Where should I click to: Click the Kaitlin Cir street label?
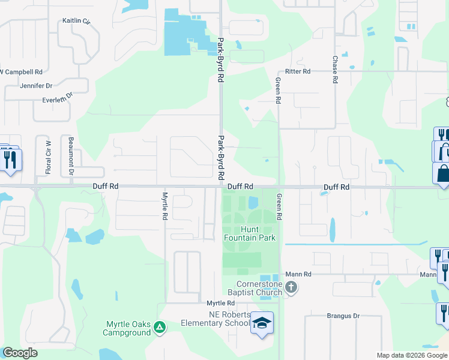(x=76, y=21)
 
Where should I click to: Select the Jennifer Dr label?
(x=37, y=85)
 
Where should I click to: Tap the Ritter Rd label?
(x=298, y=71)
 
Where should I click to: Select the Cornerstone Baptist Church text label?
(x=259, y=288)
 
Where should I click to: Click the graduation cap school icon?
(x=262, y=323)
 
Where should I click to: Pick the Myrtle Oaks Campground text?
(x=128, y=328)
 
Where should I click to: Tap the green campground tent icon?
(x=160, y=327)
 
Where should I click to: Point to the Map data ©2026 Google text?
(x=412, y=355)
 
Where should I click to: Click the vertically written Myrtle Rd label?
(x=164, y=206)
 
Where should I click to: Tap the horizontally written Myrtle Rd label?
(x=220, y=304)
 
